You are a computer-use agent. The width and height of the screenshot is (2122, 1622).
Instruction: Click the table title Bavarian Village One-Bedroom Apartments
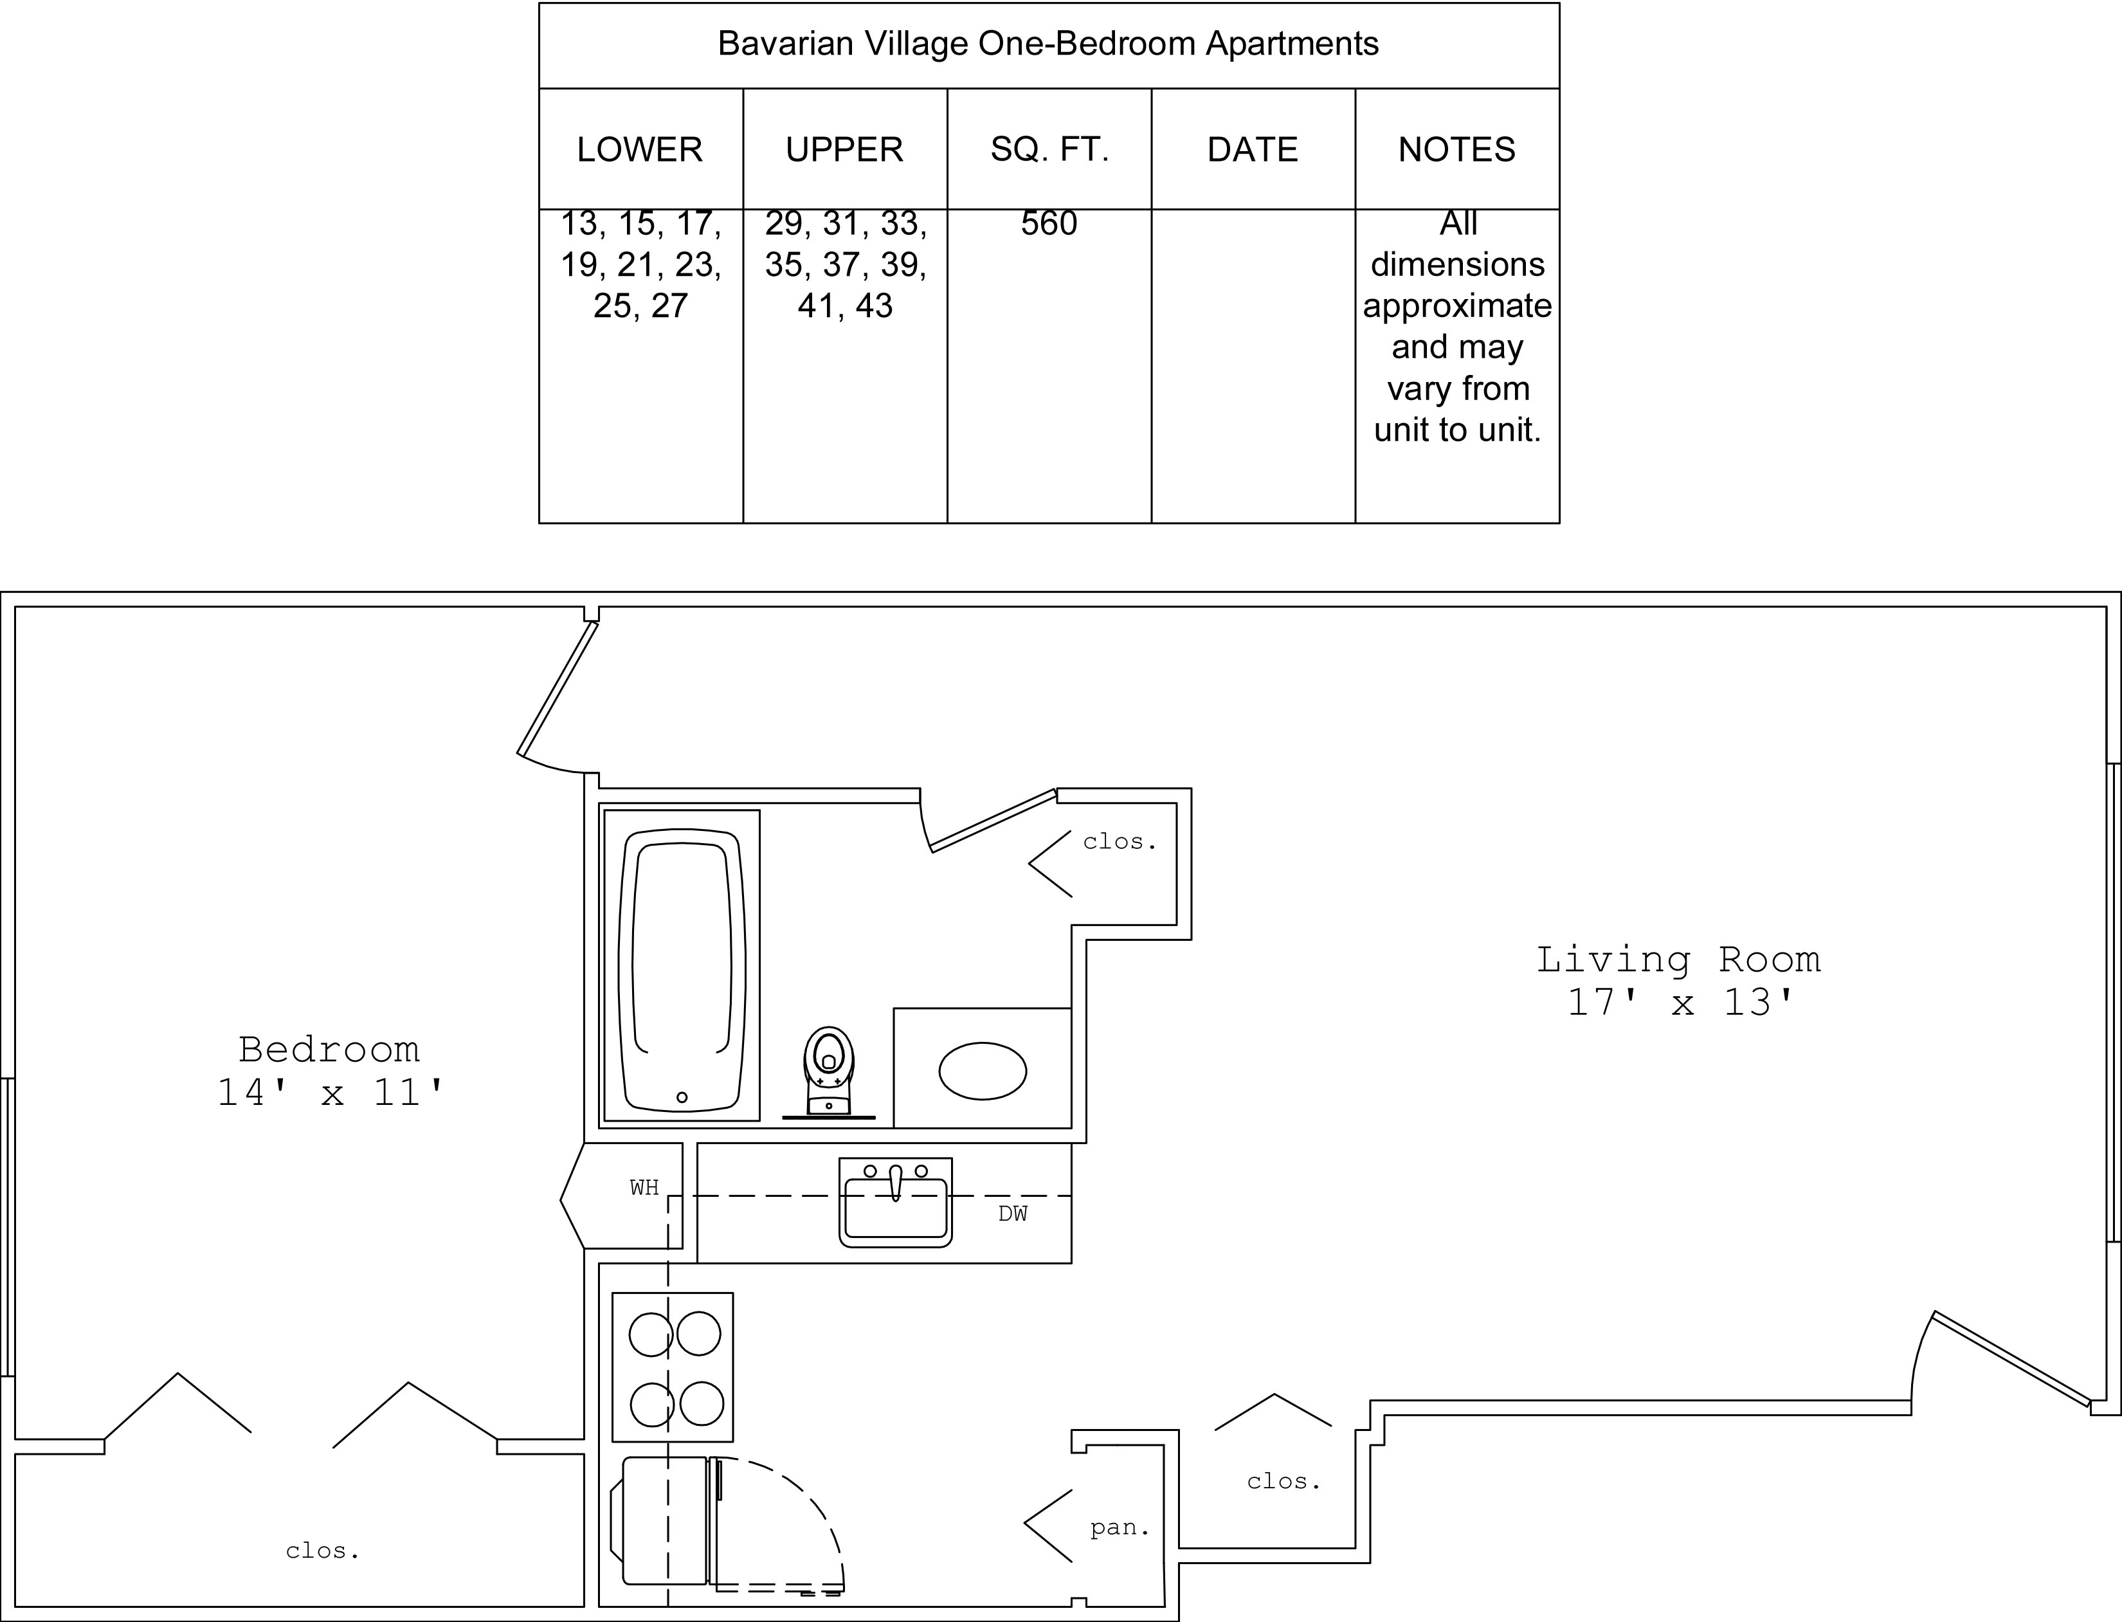(x=1048, y=44)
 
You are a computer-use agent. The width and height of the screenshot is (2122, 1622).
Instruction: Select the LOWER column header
(x=640, y=150)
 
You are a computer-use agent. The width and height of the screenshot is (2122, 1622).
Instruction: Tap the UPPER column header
(x=845, y=150)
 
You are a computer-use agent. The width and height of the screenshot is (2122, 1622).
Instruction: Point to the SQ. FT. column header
(x=1049, y=150)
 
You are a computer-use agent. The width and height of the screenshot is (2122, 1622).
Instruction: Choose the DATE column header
(x=1253, y=150)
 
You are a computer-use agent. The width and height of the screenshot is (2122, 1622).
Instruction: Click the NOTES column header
(x=1457, y=150)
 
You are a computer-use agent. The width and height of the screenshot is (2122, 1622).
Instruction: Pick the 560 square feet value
(x=1049, y=223)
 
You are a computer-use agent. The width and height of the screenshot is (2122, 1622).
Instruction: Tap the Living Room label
(x=1679, y=959)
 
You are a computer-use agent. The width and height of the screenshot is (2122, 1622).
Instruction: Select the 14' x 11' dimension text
(x=329, y=1092)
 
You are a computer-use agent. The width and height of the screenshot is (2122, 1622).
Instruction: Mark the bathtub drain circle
(x=682, y=1097)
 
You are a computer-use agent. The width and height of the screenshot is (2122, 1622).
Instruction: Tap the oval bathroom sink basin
(x=983, y=1071)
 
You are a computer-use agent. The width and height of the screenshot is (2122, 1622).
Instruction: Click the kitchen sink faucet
(x=896, y=1181)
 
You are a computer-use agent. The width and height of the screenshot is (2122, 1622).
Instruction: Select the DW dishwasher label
(x=1013, y=1214)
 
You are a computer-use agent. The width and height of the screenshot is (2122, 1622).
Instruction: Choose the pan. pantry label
(x=1120, y=1527)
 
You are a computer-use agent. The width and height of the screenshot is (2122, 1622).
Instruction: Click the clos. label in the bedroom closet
(x=322, y=1551)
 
